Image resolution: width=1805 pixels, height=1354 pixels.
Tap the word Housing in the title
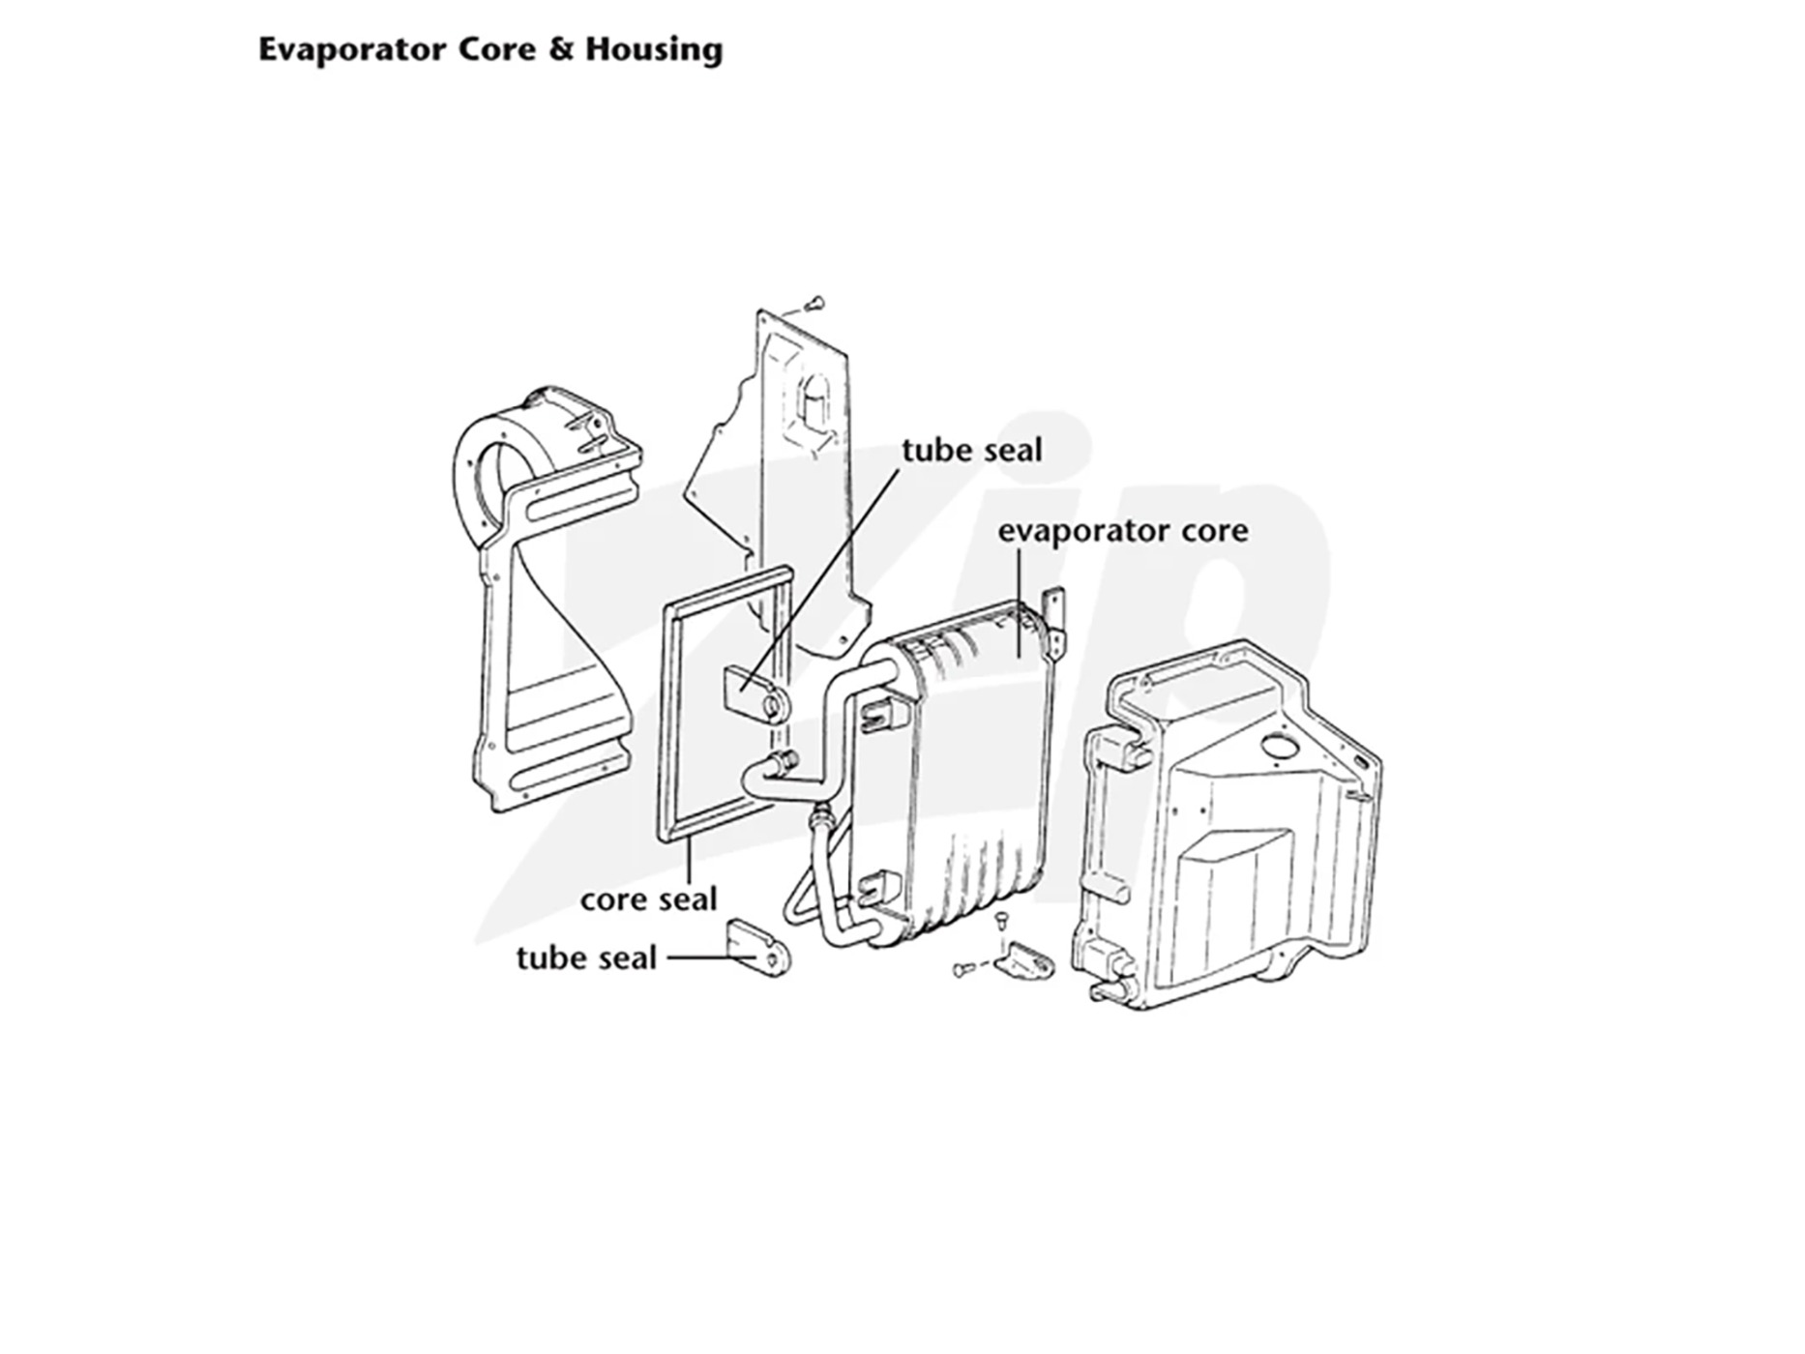click(x=654, y=50)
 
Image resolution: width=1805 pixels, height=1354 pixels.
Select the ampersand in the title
click(x=561, y=49)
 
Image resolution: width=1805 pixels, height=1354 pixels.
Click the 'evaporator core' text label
click(x=1123, y=531)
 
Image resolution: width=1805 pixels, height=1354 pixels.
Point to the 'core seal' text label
click(x=648, y=899)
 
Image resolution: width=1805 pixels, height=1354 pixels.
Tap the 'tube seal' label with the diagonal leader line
click(x=972, y=451)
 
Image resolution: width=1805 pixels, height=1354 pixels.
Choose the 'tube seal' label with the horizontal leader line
click(x=586, y=957)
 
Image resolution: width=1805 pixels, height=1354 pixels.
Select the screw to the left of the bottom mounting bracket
click(x=964, y=968)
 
